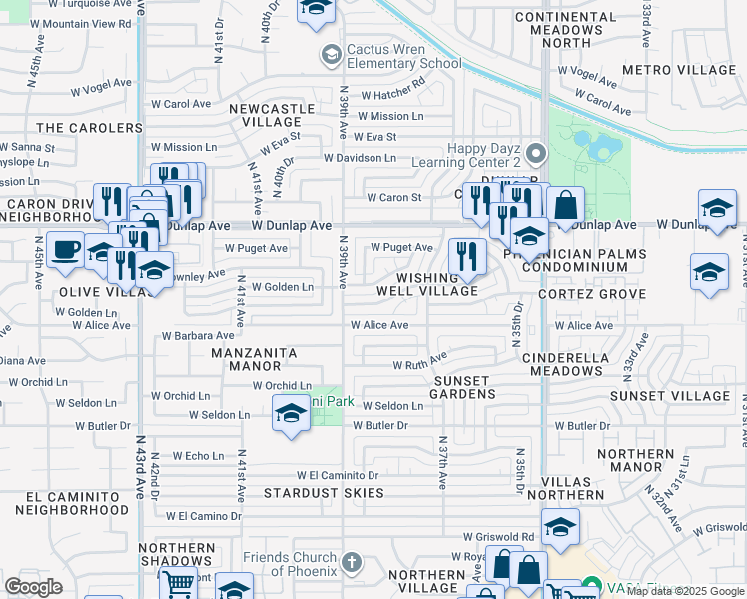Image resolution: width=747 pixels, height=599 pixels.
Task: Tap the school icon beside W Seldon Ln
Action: click(290, 413)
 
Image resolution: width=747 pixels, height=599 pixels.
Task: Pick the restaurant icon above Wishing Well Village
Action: click(466, 256)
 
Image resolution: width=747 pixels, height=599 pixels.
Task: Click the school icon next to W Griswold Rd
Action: click(560, 527)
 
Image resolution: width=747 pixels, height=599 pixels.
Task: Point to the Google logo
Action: click(33, 587)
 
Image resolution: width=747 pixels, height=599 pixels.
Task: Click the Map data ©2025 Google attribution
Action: click(685, 591)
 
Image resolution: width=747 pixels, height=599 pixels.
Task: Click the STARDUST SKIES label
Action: click(324, 493)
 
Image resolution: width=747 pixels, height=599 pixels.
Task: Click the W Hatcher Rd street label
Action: click(392, 95)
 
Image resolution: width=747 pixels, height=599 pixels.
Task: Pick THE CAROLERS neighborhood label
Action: click(90, 128)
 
